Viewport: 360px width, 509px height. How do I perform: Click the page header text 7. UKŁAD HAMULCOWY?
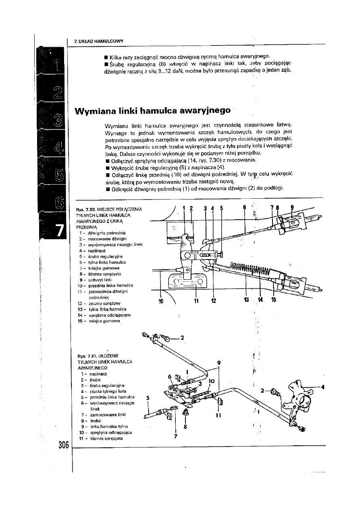tap(99, 41)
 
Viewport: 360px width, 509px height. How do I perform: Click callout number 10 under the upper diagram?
tap(162, 300)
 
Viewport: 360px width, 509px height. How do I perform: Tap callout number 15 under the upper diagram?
tap(274, 300)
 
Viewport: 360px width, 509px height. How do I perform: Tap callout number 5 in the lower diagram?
tap(148, 397)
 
